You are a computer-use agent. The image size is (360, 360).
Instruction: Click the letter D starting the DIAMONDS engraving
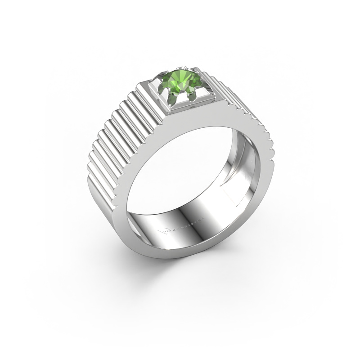point(166,231)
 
